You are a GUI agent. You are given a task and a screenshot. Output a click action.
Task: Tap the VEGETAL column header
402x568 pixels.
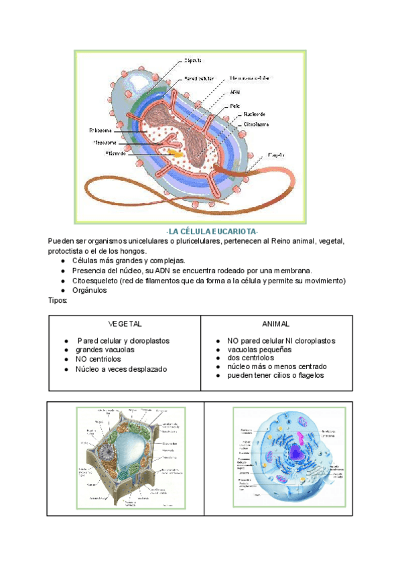tap(125, 324)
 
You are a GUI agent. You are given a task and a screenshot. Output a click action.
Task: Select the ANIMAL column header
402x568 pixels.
tap(276, 324)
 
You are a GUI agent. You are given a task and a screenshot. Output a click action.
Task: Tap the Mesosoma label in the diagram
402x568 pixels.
tap(105, 142)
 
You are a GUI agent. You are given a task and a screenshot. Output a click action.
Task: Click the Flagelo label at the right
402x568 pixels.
tap(277, 155)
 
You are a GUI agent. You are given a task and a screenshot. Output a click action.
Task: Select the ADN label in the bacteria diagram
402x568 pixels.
tap(234, 92)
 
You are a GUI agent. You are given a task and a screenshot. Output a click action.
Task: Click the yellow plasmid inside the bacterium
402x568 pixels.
tap(176, 153)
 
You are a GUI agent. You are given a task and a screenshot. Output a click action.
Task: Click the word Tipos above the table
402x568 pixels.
tap(58, 301)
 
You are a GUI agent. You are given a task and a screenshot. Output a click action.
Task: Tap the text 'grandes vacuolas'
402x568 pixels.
tap(105, 350)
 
